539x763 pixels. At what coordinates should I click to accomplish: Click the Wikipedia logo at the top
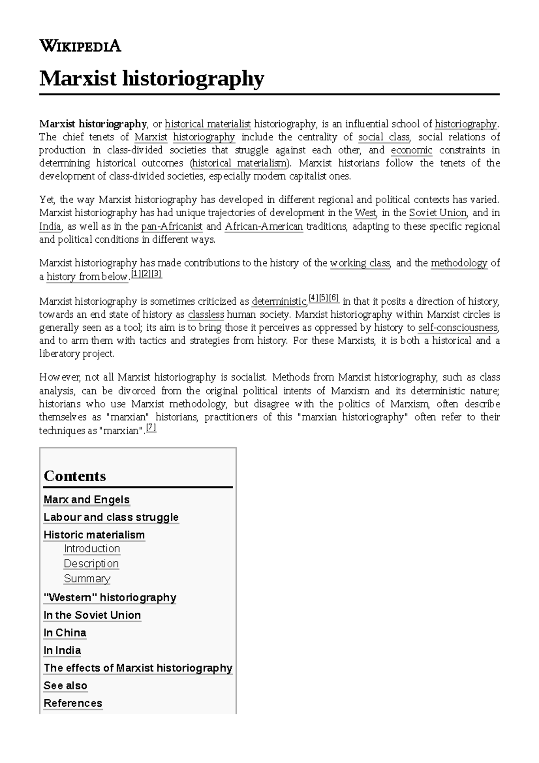(x=80, y=46)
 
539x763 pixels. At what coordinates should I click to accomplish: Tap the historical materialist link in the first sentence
(x=208, y=124)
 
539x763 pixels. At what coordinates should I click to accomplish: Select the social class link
(x=384, y=137)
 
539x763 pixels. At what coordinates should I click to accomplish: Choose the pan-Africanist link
(x=172, y=226)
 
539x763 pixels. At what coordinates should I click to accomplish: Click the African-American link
(x=264, y=226)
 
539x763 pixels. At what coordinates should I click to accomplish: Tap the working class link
(x=360, y=263)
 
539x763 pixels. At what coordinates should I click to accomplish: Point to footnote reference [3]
(x=156, y=274)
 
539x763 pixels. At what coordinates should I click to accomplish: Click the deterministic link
(x=279, y=301)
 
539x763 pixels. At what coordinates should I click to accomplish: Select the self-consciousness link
(x=458, y=328)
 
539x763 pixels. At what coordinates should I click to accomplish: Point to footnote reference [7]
(x=151, y=428)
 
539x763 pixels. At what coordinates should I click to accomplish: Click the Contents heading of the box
(x=75, y=476)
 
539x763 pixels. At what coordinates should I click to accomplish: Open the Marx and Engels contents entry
(x=86, y=500)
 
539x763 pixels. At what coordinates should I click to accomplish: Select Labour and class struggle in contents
(x=111, y=517)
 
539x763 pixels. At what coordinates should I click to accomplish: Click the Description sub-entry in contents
(x=91, y=563)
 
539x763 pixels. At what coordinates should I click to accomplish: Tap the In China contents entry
(x=65, y=633)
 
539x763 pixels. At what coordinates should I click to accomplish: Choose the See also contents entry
(x=65, y=686)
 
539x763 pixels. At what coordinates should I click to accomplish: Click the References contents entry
(x=73, y=703)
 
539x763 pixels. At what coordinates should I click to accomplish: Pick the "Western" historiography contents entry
(x=110, y=598)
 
